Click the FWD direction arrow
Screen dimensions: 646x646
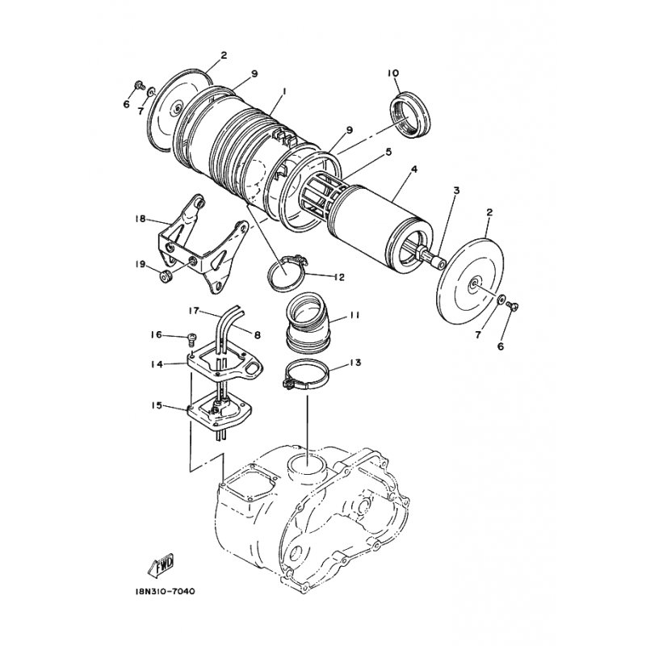pyautogui.click(x=161, y=564)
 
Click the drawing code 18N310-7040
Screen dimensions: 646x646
pyautogui.click(x=165, y=592)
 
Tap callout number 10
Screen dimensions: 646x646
pyautogui.click(x=393, y=73)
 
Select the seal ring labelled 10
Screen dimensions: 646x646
pyautogui.click(x=410, y=115)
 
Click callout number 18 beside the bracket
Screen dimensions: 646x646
pyautogui.click(x=141, y=218)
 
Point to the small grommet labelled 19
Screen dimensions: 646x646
pyautogui.click(x=166, y=278)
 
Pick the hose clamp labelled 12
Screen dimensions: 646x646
pyautogui.click(x=286, y=274)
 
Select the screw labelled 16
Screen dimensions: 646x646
pyautogui.click(x=192, y=338)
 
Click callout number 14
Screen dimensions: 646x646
pyautogui.click(x=157, y=364)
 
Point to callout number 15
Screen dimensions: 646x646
pyautogui.click(x=157, y=406)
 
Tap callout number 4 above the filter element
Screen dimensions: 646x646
pyautogui.click(x=414, y=170)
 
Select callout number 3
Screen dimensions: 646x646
pyautogui.click(x=456, y=191)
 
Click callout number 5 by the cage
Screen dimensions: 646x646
pyautogui.click(x=388, y=152)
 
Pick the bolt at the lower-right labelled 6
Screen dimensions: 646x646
pyautogui.click(x=513, y=306)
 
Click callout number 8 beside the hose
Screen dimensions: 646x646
pyautogui.click(x=258, y=335)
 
